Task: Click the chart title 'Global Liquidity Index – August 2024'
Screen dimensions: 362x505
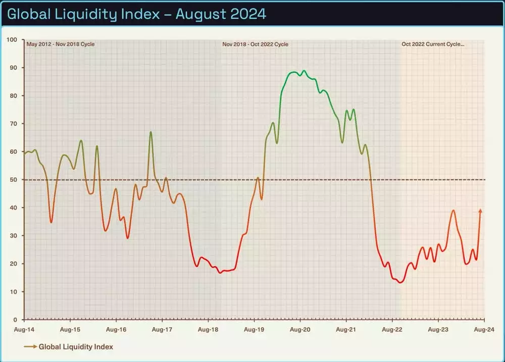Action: coord(136,14)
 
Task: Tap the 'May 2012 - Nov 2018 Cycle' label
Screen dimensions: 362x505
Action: coord(61,44)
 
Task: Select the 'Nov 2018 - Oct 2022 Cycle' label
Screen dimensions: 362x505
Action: coord(256,44)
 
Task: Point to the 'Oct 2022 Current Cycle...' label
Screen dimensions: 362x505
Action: coord(433,44)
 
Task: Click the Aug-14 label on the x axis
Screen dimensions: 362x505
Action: coord(24,329)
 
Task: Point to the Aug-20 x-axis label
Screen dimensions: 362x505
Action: coord(300,329)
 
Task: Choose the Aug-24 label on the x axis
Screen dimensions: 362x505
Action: coord(484,329)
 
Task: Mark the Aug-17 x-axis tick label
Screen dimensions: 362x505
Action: coord(162,329)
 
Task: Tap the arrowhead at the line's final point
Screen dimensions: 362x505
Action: coord(480,211)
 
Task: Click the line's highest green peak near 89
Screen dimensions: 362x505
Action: coord(304,71)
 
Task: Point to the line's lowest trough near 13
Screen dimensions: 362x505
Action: coord(400,282)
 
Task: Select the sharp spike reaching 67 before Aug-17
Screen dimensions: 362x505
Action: coord(150,132)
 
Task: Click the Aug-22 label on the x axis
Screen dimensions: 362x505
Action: coord(392,329)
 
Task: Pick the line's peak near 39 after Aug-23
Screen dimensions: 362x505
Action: coord(453,211)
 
